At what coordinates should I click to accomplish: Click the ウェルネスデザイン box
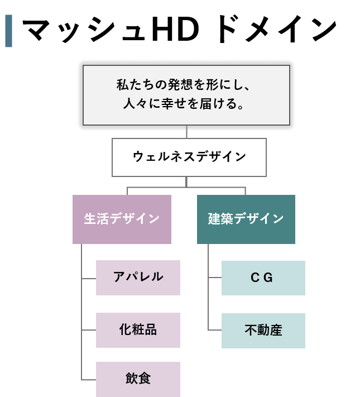[189, 157]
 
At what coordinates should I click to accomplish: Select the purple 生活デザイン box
[122, 219]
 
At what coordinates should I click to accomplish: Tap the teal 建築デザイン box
[246, 219]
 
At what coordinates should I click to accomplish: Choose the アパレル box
[138, 278]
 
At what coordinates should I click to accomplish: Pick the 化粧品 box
[138, 330]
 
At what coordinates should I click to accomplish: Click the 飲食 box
[138, 379]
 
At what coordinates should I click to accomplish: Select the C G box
[263, 278]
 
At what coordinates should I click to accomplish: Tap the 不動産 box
[263, 331]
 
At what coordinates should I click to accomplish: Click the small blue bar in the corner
[8, 31]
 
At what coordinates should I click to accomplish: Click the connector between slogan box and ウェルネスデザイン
[186, 134]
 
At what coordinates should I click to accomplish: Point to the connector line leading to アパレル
[89, 278]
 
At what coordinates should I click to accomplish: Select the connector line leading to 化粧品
[89, 330]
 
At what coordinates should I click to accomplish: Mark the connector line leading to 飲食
[89, 380]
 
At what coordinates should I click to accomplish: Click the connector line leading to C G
[215, 278]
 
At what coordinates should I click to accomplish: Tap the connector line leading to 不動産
[215, 331]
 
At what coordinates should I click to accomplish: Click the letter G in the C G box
[268, 278]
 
